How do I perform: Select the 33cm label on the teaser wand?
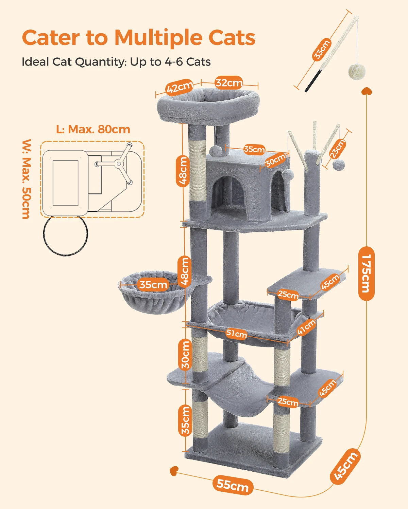tap(322, 50)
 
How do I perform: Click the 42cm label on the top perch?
tap(180, 88)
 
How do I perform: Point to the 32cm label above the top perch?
tap(229, 83)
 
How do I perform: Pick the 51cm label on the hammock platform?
tap(236, 334)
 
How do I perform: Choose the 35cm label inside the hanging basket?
tap(153, 284)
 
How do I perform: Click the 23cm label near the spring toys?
tap(338, 148)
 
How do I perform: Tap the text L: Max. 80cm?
tap(93, 129)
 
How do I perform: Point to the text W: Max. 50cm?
tap(26, 179)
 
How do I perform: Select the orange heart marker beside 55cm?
tap(174, 470)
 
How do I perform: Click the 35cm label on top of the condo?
tap(254, 149)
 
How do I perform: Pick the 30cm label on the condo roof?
tap(275, 161)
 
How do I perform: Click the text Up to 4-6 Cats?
tap(170, 62)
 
